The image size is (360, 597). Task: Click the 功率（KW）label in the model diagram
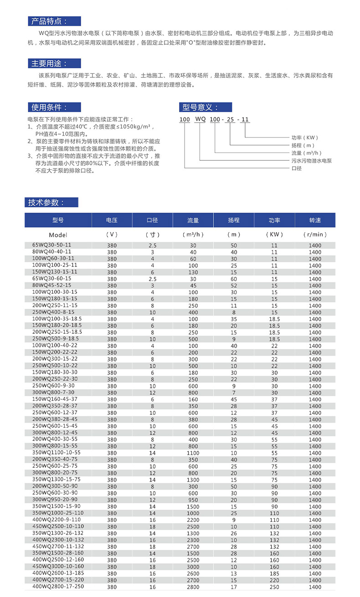(x=304, y=138)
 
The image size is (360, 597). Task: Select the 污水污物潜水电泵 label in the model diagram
(x=311, y=161)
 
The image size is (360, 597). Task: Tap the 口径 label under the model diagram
(x=297, y=168)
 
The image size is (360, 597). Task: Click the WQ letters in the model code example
(x=201, y=120)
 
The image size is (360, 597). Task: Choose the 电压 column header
(x=112, y=220)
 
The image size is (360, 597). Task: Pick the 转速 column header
(x=315, y=220)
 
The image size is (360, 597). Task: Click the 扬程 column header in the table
(x=234, y=220)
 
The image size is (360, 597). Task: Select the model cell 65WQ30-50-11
(x=51, y=245)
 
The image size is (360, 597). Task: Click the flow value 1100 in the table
(x=193, y=453)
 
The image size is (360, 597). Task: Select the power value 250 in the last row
(x=274, y=587)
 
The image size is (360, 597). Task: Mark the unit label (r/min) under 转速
(x=315, y=235)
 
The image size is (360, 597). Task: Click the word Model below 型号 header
(x=58, y=235)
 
